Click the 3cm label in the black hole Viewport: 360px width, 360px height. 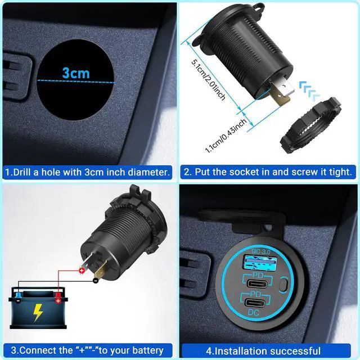tap(76, 73)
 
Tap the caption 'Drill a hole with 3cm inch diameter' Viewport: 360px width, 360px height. tap(87, 172)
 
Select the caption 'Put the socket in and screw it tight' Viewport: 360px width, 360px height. tap(268, 172)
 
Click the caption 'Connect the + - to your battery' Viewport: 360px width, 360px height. tap(87, 350)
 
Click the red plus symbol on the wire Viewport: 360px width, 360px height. tap(82, 271)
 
